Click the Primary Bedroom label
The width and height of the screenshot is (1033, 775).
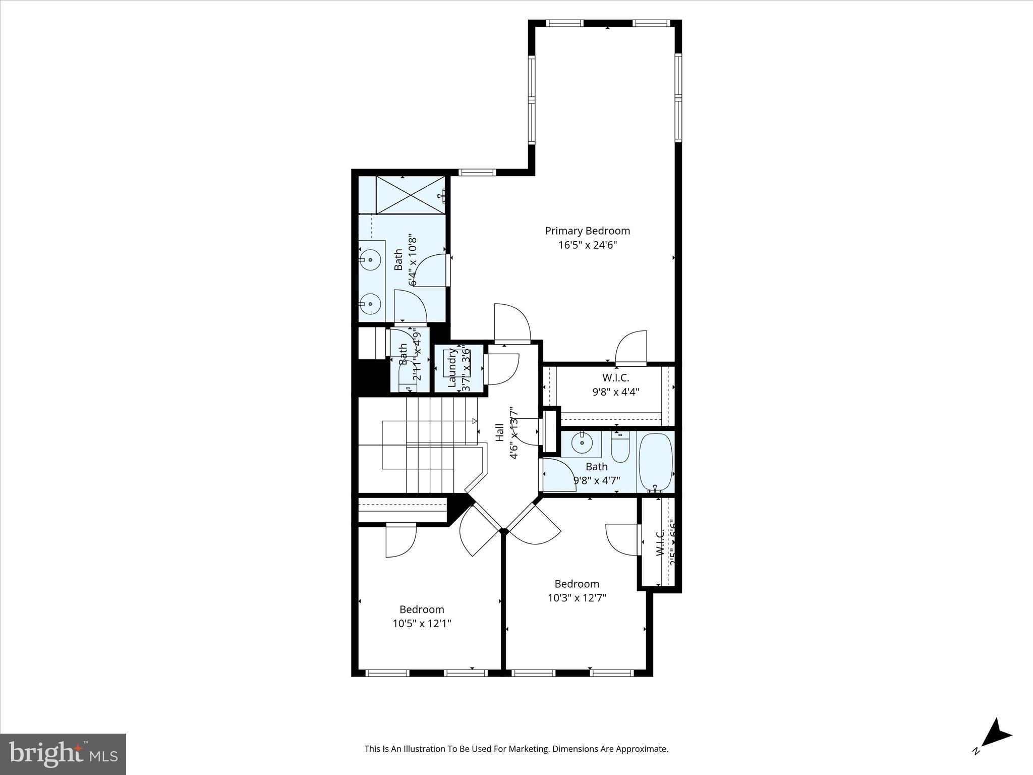point(587,231)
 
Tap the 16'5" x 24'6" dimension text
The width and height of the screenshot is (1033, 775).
point(587,245)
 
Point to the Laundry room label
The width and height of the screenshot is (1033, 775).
point(452,369)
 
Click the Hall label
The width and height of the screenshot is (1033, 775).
point(499,432)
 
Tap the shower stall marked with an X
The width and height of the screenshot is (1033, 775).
point(411,195)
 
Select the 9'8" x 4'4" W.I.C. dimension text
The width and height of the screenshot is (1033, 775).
point(615,392)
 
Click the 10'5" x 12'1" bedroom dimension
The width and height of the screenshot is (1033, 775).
point(422,624)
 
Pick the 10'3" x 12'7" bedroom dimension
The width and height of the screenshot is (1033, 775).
point(577,598)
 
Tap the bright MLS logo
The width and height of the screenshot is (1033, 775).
point(63,754)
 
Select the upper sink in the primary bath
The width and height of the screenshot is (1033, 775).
point(371,260)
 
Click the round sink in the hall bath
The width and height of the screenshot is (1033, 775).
point(582,443)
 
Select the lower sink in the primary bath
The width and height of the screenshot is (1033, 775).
point(371,304)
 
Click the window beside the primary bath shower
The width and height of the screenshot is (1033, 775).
point(477,172)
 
